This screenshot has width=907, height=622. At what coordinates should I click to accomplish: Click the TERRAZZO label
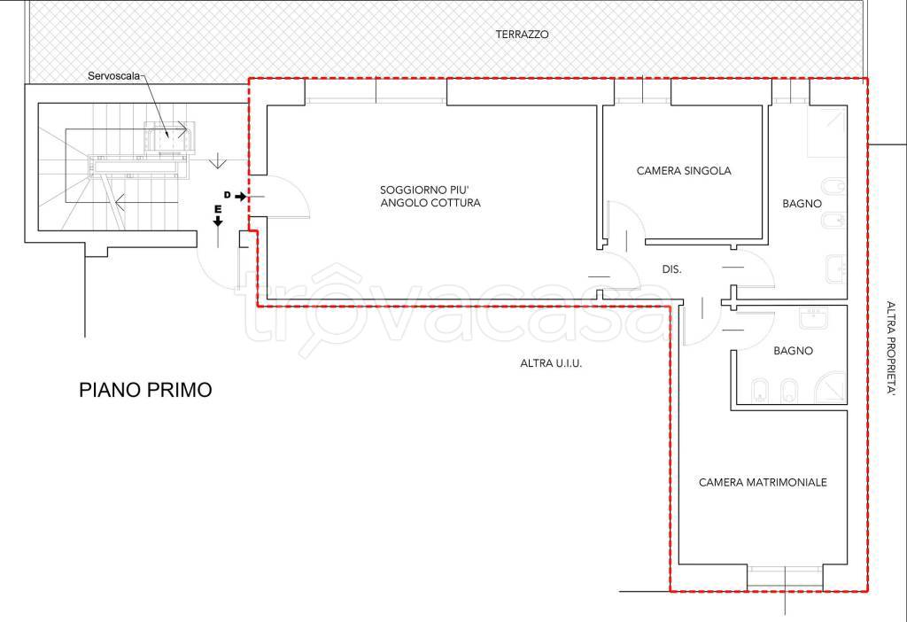(x=522, y=35)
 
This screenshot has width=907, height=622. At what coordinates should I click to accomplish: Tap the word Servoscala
(x=114, y=76)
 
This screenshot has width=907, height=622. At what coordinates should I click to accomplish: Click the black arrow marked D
(x=241, y=197)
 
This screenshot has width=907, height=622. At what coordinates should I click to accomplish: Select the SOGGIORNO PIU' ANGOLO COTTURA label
(x=430, y=196)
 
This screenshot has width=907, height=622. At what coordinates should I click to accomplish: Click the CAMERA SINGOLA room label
(x=684, y=171)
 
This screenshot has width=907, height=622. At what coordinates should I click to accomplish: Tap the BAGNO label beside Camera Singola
(x=802, y=204)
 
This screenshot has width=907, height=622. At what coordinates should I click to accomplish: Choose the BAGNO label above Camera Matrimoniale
(x=793, y=351)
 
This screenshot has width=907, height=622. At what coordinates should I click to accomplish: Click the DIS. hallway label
(x=671, y=269)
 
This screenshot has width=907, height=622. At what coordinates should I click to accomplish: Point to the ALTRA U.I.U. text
(x=551, y=363)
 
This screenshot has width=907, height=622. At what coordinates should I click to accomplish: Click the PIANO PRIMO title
(x=145, y=389)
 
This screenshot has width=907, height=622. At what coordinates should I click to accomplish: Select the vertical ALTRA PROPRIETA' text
(x=891, y=348)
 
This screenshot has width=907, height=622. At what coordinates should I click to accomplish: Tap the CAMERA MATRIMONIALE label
(x=763, y=482)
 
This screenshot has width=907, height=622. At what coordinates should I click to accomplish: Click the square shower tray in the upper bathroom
(x=827, y=131)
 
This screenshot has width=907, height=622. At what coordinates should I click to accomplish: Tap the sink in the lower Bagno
(x=813, y=318)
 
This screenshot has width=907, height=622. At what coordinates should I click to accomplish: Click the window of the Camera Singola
(x=642, y=91)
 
